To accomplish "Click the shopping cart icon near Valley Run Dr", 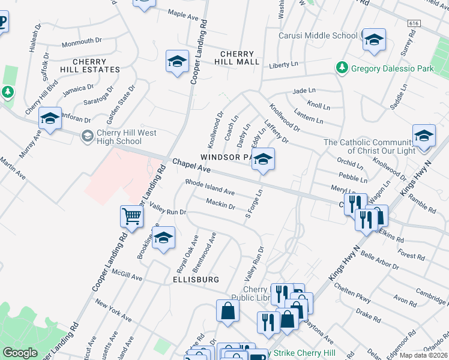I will (131, 216).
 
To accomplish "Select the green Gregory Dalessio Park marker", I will (342, 67).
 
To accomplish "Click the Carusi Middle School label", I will (318, 35).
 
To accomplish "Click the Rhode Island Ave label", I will (209, 187).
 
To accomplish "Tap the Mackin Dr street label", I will (220, 205).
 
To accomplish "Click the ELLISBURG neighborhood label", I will (193, 280).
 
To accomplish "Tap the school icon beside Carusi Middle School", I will (375, 40).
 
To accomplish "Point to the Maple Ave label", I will (183, 14).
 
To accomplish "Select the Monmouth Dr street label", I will (82, 41).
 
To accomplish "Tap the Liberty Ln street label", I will (284, 64).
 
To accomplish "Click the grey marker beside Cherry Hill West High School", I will (87, 137).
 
